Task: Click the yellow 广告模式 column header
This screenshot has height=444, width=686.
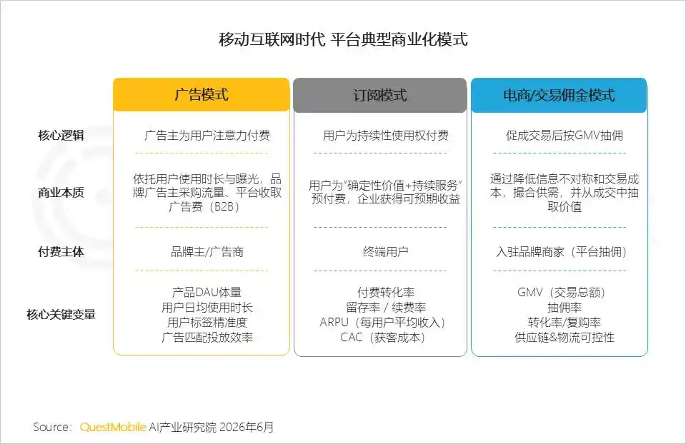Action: (x=202, y=94)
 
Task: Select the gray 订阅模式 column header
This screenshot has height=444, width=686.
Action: (x=379, y=95)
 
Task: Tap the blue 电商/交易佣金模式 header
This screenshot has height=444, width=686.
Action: (x=559, y=95)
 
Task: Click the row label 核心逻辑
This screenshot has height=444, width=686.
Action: (x=61, y=136)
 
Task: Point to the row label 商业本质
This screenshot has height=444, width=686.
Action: (x=61, y=193)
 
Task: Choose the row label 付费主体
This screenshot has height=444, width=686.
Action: (x=61, y=252)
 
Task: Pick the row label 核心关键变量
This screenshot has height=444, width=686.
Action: (x=61, y=314)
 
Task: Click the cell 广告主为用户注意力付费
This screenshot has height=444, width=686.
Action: (x=207, y=136)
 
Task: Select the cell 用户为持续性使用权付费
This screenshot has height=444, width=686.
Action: (x=385, y=136)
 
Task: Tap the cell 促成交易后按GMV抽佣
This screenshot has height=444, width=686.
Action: (x=565, y=136)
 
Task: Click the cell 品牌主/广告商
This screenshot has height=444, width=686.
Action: (x=207, y=252)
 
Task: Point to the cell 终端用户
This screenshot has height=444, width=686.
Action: (x=385, y=252)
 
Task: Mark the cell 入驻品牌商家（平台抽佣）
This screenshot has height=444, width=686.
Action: (x=562, y=252)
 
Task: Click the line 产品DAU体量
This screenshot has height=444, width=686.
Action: (x=207, y=293)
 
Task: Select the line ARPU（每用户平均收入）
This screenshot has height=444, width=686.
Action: (x=383, y=323)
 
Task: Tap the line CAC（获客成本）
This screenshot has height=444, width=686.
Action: (x=383, y=338)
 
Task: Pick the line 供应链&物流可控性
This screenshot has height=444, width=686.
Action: (x=565, y=338)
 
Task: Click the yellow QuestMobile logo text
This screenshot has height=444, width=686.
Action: (x=113, y=427)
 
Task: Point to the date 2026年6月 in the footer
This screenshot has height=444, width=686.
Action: (x=247, y=427)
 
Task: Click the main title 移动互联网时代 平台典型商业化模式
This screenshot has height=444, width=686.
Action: (x=344, y=39)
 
